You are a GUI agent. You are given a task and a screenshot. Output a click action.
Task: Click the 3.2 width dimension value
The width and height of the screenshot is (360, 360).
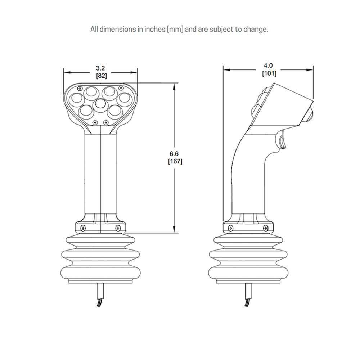tap(100, 68)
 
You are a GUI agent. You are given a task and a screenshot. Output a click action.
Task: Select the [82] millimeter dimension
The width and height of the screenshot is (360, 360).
tap(101, 76)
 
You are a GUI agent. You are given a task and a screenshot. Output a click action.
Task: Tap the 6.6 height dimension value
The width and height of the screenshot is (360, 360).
tap(174, 154)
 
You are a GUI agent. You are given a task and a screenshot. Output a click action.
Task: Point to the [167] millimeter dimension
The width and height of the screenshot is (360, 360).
tap(175, 161)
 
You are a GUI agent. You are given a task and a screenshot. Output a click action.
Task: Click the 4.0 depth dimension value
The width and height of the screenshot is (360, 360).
tap(268, 66)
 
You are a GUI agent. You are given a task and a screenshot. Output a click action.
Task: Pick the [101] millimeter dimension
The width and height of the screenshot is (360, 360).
tap(269, 73)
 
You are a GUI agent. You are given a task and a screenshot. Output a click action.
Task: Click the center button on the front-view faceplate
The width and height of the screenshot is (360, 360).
tap(100, 104)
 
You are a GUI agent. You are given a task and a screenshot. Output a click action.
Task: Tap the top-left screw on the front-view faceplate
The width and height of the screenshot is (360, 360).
tap(80, 89)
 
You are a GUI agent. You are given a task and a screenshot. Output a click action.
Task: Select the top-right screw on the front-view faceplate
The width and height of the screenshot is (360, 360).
tap(121, 87)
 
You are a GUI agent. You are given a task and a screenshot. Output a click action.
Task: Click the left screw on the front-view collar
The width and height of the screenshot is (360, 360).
tap(83, 228)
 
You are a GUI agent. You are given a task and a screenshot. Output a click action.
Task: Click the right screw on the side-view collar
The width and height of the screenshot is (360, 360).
tap(266, 228)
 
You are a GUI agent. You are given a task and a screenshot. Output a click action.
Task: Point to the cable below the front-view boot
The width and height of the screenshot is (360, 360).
tap(100, 295)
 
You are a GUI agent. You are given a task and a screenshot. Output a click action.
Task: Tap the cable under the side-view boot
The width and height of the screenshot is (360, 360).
tap(248, 295)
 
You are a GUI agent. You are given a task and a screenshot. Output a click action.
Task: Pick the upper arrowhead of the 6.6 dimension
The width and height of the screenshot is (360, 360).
tap(174, 86)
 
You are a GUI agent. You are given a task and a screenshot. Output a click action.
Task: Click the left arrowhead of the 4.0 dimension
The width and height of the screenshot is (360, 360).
tap(226, 70)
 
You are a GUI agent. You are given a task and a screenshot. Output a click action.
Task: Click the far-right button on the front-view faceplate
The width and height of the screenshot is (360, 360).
tap(124, 99)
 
